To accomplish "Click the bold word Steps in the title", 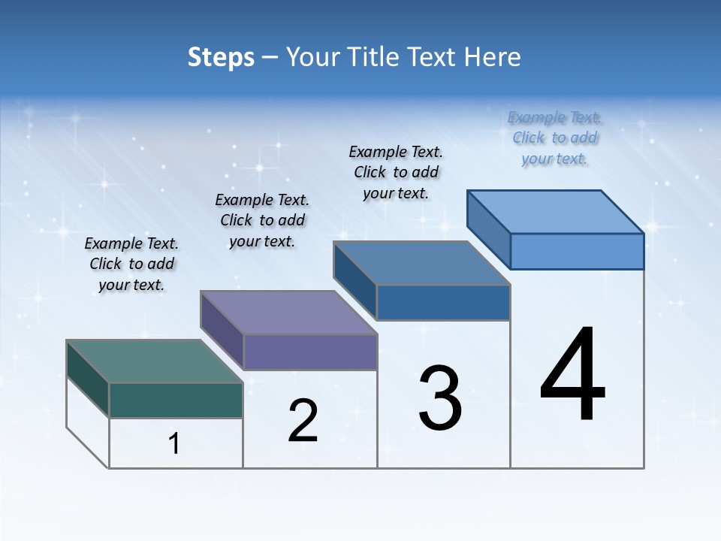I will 221,57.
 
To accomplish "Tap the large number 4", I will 572,376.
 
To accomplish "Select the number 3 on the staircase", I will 440,398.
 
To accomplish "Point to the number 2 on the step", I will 303,421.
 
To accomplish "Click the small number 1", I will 174,444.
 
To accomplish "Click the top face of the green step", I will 154,361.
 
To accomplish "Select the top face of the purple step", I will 288,313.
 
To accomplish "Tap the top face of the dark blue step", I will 421,263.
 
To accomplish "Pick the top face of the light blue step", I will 556,212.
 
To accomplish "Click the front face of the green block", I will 176,400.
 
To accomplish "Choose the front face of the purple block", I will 310,352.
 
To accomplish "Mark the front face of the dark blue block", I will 443,302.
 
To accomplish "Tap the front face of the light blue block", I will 577,251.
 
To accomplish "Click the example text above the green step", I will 131,264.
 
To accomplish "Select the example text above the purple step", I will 262,221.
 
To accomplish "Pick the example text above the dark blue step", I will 396,172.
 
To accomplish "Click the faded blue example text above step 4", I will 554,138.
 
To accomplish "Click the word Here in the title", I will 493,57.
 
